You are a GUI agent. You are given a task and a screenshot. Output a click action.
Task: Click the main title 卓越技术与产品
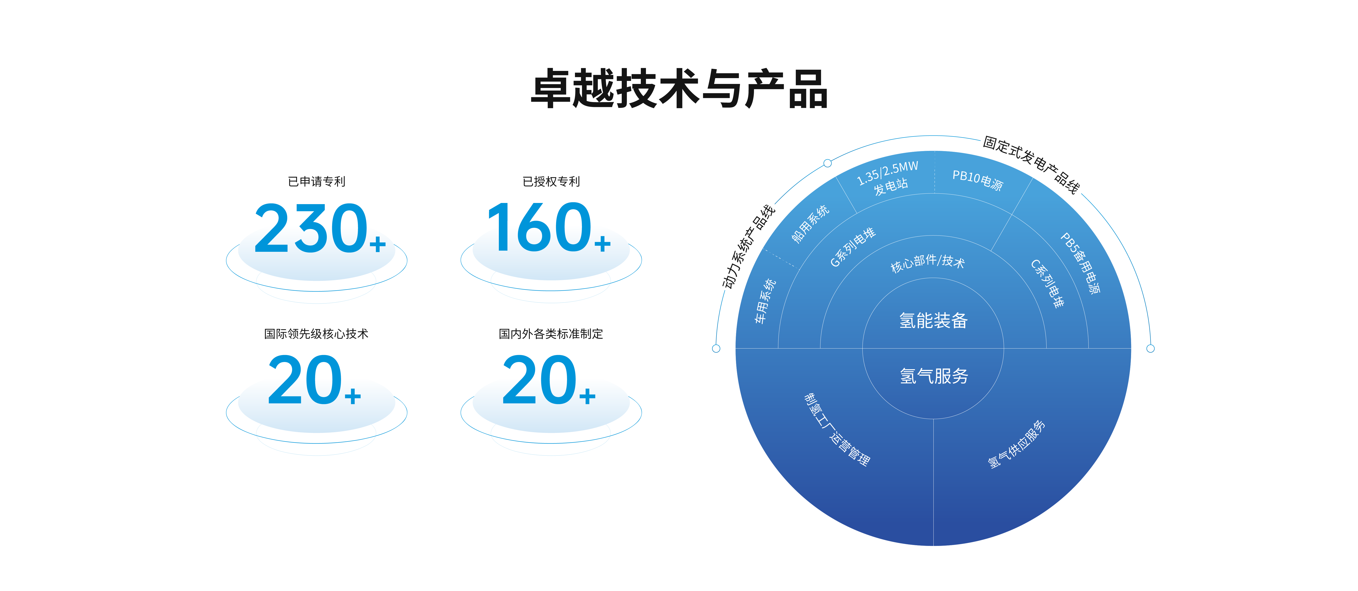679,89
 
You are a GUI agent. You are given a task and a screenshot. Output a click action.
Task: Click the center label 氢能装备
933,320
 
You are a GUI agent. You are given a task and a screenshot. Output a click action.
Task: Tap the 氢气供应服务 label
1016,444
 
